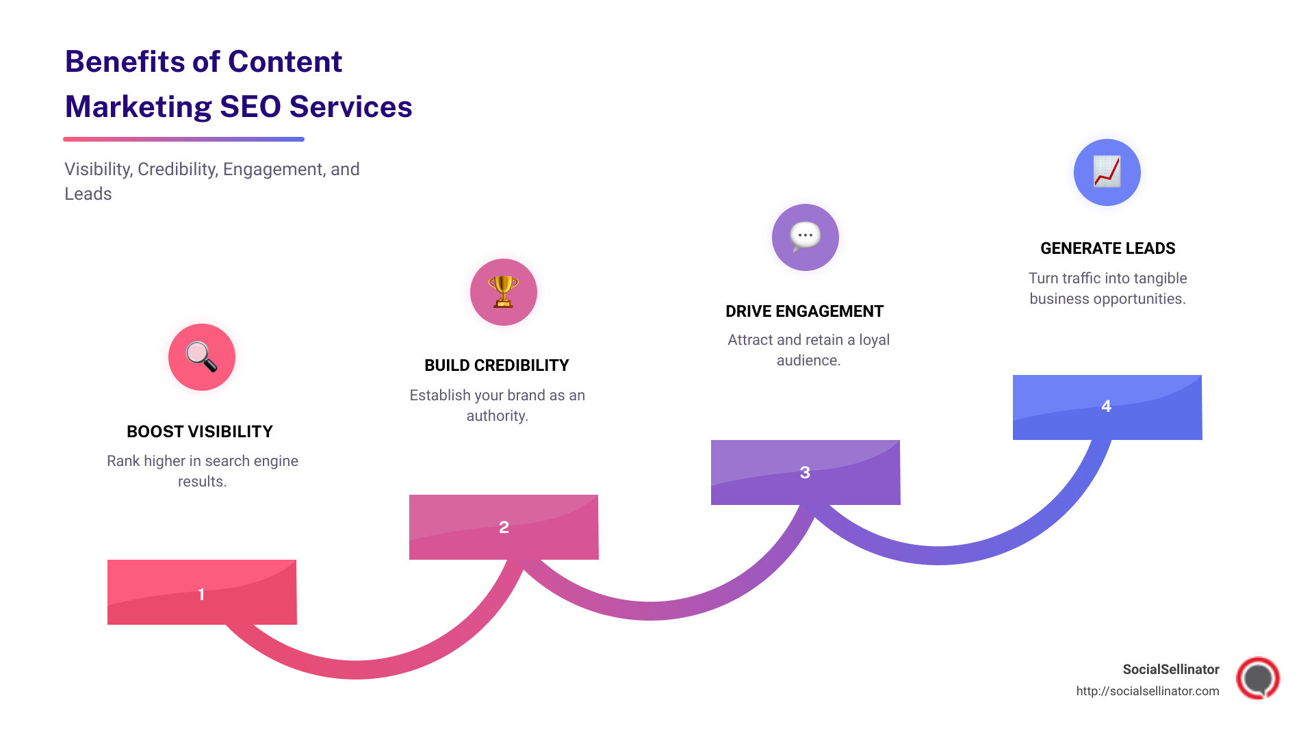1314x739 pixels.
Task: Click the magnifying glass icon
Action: coord(201,356)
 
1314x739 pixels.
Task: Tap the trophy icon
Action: coord(503,291)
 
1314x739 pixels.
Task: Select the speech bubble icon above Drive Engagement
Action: coord(805,237)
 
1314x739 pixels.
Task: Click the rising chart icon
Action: coord(1107,172)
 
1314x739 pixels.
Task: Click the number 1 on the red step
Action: coord(201,594)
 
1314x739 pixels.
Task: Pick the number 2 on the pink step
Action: coord(504,527)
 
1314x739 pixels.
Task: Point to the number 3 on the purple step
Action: coord(805,472)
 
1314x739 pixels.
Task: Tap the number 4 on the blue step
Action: coord(1106,406)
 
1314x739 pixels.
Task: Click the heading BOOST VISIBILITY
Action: coord(200,432)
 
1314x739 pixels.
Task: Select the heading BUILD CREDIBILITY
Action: coord(496,365)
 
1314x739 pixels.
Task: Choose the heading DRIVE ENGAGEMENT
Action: coord(804,311)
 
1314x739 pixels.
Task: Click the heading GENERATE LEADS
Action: coord(1107,248)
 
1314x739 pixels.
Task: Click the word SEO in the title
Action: coord(250,107)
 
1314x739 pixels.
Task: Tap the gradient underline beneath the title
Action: coord(183,139)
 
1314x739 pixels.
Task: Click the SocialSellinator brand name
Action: coord(1170,669)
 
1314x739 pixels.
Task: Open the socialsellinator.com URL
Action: coord(1147,691)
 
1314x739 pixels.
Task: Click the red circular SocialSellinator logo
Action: coord(1257,678)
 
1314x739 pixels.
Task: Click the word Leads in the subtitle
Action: coord(88,194)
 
